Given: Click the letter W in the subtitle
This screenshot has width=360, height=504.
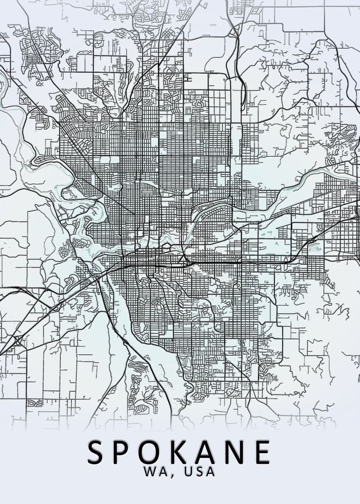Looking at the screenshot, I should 150,472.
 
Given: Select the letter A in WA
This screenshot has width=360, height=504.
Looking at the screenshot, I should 162,472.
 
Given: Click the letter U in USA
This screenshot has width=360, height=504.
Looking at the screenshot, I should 185,472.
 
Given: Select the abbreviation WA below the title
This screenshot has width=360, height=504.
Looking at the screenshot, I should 155,472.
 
